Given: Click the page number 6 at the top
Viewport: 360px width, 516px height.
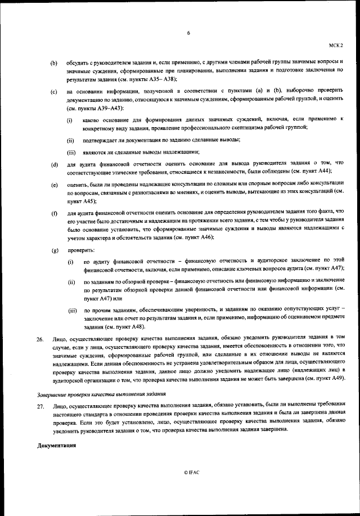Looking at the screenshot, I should coord(188,33).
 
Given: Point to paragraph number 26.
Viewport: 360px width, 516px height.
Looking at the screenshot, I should coord(40,339).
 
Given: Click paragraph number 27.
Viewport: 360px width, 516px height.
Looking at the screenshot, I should coord(40,405).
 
